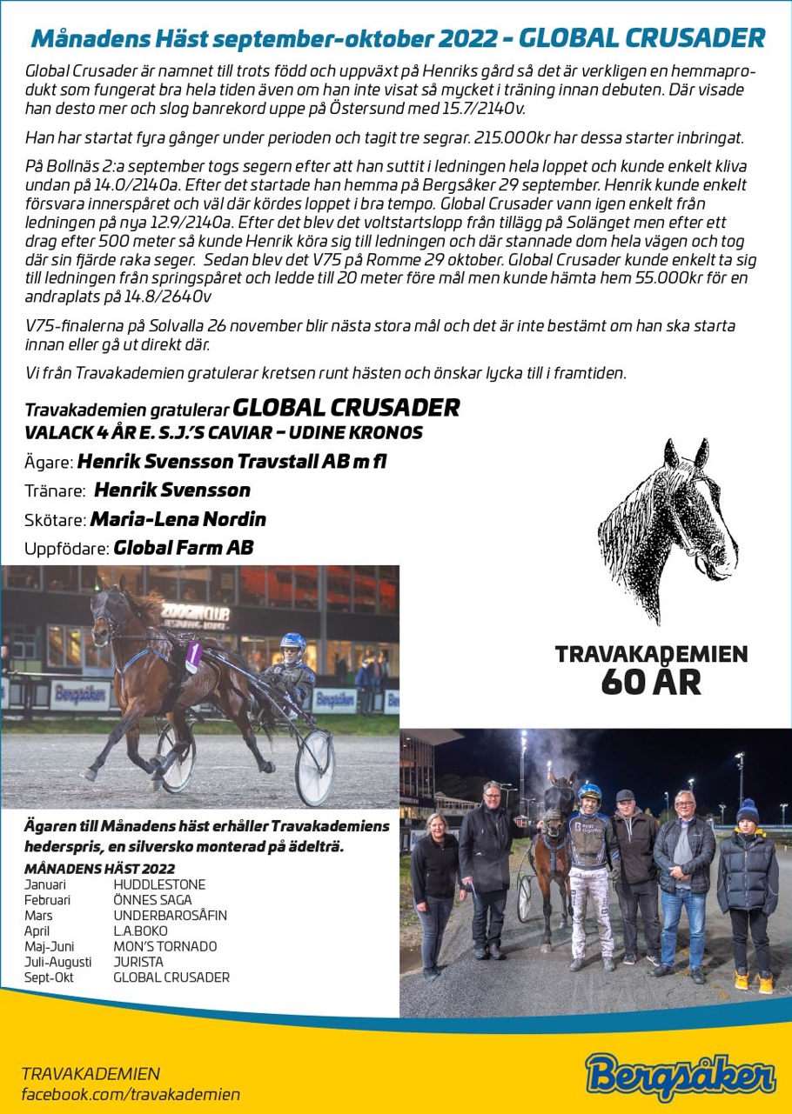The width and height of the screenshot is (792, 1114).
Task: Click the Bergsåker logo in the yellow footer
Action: (680, 1076)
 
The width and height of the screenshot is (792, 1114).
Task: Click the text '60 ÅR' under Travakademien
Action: (650, 683)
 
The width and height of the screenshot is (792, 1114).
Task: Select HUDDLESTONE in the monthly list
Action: (159, 884)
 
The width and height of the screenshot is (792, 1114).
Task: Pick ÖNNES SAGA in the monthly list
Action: (152, 900)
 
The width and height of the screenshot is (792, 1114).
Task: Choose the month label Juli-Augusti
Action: (57, 962)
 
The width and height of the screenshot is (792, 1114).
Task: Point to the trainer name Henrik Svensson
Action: (172, 490)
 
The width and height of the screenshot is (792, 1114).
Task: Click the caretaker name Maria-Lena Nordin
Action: (178, 519)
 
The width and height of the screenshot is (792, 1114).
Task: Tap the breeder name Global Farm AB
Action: (184, 548)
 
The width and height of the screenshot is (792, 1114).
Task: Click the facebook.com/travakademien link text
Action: (131, 1095)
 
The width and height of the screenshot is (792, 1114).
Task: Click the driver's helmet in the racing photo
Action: (292, 644)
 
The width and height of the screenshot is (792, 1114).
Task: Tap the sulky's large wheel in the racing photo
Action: (314, 766)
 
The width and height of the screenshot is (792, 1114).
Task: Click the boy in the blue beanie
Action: (748, 896)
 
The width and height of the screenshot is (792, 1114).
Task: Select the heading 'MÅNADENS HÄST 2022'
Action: (99, 868)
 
